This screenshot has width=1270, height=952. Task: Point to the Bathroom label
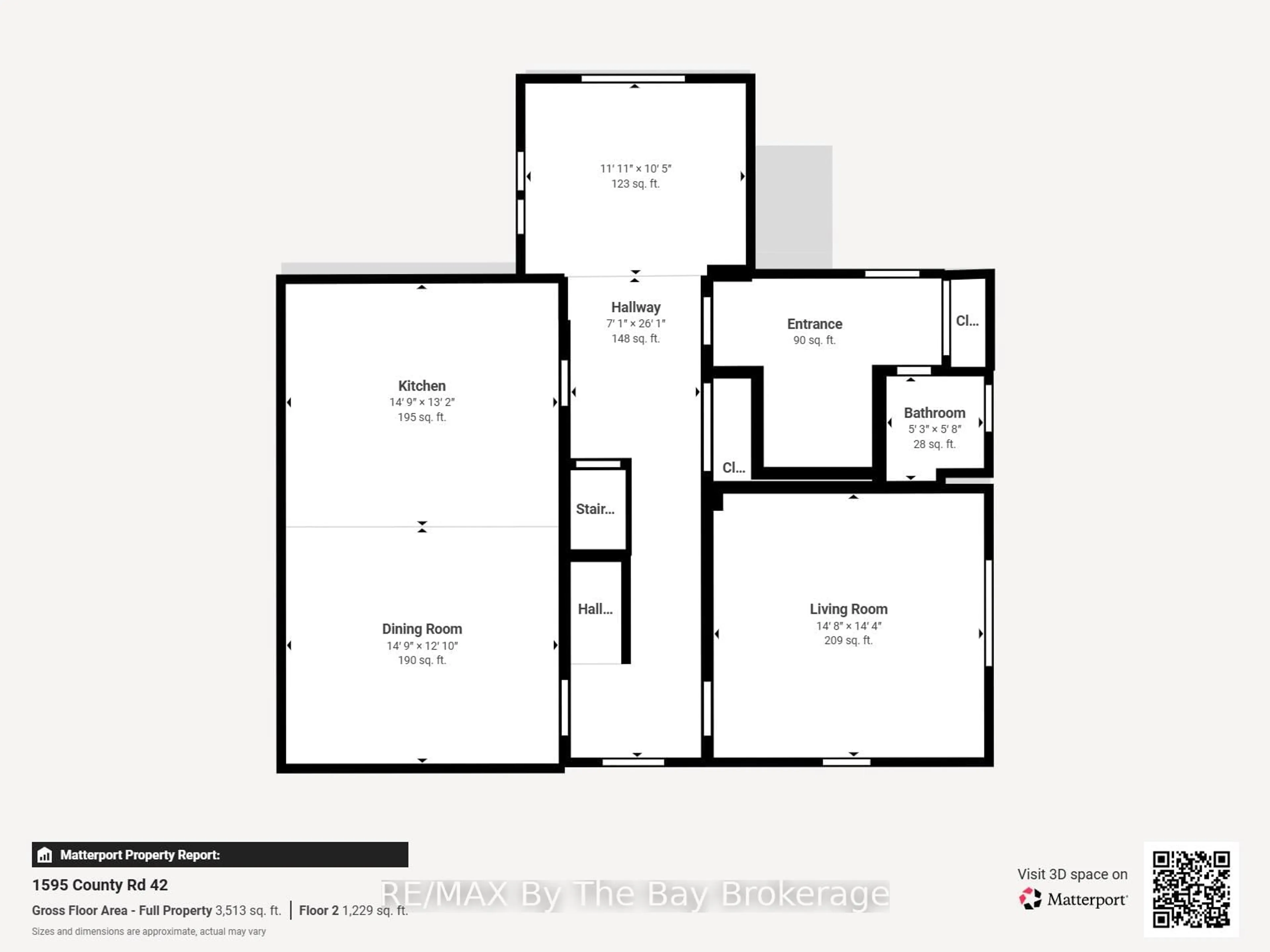click(x=934, y=413)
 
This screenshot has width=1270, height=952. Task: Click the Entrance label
click(x=814, y=324)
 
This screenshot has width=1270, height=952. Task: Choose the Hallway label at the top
click(x=636, y=307)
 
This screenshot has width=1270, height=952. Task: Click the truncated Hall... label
click(x=595, y=609)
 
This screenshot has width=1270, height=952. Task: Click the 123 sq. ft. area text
click(x=635, y=184)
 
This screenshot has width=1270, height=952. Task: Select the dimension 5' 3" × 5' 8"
click(x=934, y=429)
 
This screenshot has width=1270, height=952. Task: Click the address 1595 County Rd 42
click(x=100, y=885)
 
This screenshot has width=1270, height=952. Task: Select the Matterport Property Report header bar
click(x=220, y=854)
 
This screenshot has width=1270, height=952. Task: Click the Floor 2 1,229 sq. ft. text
click(x=353, y=910)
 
